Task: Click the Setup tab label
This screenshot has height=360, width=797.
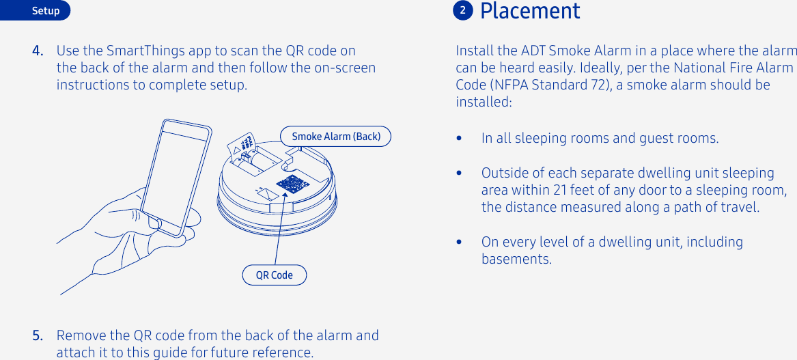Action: pyautogui.click(x=46, y=11)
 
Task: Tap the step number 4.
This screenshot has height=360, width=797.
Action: pyautogui.click(x=39, y=51)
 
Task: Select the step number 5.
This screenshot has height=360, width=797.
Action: pyautogui.click(x=39, y=335)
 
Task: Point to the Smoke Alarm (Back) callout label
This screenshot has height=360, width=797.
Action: pyautogui.click(x=336, y=137)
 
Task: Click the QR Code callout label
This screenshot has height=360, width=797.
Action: pyautogui.click(x=274, y=275)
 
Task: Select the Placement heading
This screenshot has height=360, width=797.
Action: pyautogui.click(x=530, y=11)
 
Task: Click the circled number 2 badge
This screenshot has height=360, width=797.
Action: pyautogui.click(x=462, y=11)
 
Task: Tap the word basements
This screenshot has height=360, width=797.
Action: pyautogui.click(x=516, y=259)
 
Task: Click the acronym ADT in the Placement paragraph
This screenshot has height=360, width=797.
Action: pyautogui.click(x=533, y=51)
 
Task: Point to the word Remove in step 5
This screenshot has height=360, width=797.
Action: pyautogui.click(x=83, y=335)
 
